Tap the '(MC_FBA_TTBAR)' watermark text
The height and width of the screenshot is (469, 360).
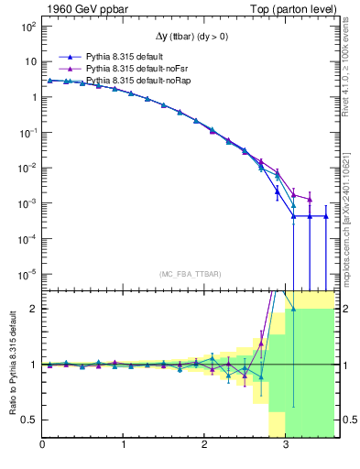[190, 274]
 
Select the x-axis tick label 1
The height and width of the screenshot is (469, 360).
[123, 445]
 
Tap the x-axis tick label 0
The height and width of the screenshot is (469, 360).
[42, 445]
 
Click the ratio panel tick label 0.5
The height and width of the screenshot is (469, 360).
[29, 420]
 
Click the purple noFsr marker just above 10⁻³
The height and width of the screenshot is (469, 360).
[310, 199]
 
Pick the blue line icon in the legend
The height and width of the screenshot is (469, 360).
[64, 55]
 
